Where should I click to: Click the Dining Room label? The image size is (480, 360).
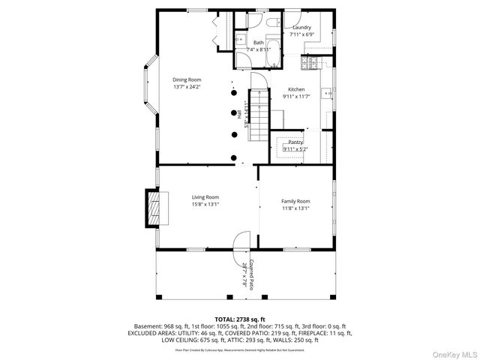click(187, 79)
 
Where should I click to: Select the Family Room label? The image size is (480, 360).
click(295, 201)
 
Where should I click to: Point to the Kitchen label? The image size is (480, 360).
click(296, 89)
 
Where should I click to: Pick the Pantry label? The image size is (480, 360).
click(295, 142)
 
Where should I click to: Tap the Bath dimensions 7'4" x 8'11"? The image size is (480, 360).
click(259, 49)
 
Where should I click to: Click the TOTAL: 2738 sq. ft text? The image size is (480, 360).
click(240, 319)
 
